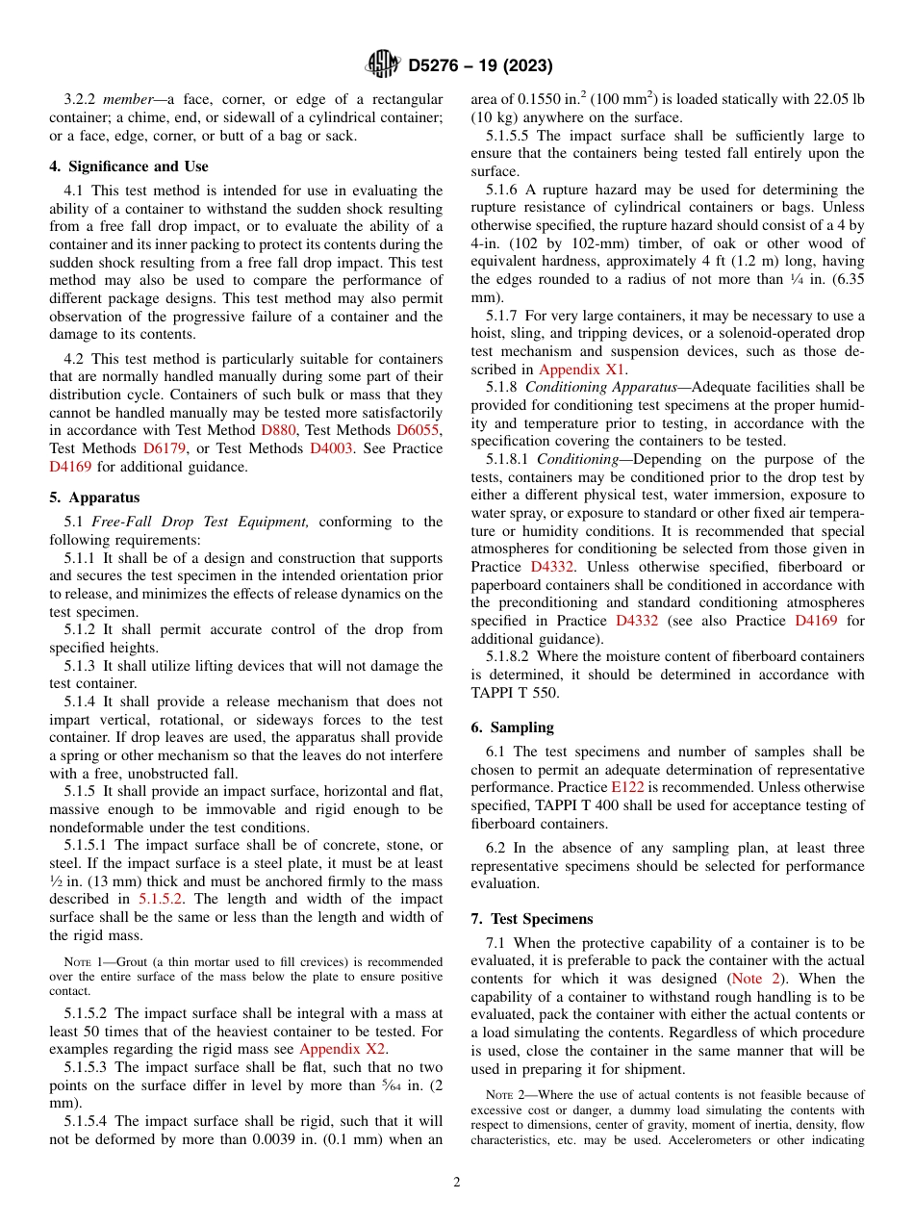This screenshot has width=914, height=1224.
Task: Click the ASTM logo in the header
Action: click(383, 64)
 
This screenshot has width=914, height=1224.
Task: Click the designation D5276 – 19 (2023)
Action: click(479, 65)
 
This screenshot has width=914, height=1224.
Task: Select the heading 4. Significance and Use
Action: click(129, 166)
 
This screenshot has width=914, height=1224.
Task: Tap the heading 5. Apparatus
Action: click(94, 497)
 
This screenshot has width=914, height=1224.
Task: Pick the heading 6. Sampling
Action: click(512, 727)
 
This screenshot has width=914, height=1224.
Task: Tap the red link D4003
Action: click(331, 448)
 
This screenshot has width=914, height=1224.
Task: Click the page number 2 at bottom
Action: click(457, 1183)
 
